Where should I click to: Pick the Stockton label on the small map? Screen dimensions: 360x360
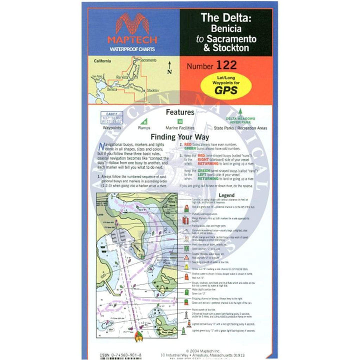(153, 90)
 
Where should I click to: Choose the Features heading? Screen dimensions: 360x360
(180, 113)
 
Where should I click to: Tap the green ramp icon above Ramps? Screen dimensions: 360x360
(145, 121)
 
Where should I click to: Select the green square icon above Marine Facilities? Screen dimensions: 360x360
(180, 121)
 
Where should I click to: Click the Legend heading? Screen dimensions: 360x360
(226, 195)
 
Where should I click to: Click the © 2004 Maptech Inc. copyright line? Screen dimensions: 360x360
(209, 350)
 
